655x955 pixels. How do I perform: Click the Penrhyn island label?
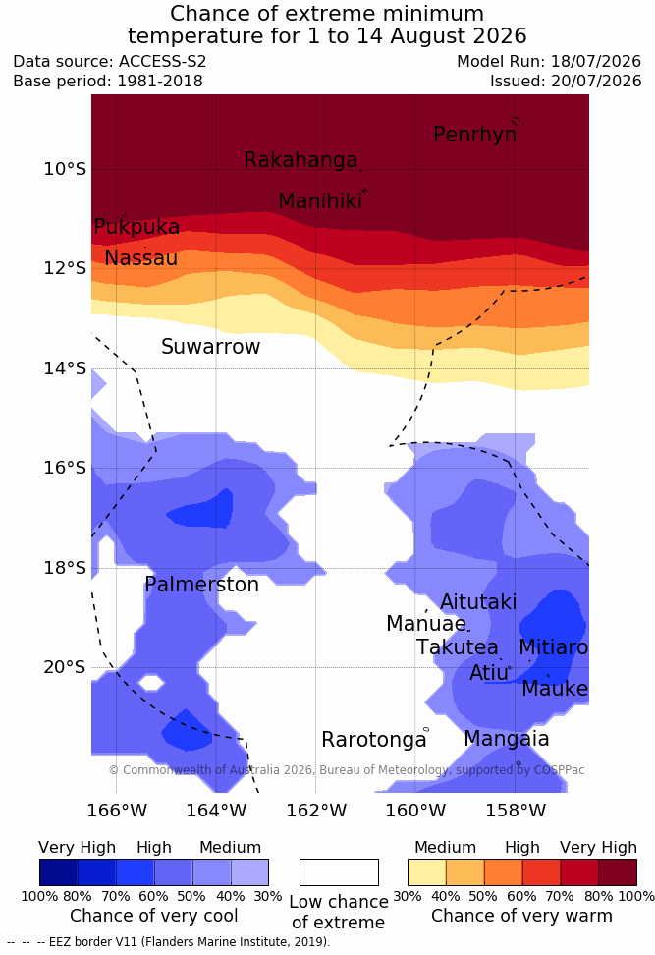(475, 134)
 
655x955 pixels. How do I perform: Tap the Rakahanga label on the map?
(300, 159)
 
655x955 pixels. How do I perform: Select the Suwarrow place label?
(210, 347)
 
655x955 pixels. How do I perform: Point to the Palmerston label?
(201, 585)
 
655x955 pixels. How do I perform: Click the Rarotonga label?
(374, 740)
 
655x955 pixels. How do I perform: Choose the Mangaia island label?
(507, 739)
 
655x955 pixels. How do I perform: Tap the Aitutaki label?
(478, 601)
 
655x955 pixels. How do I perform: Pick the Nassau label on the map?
(141, 258)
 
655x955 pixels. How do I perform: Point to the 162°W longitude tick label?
(316, 811)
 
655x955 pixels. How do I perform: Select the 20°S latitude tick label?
(65, 667)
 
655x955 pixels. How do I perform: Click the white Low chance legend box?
(339, 872)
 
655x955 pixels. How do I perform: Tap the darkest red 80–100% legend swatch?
(618, 872)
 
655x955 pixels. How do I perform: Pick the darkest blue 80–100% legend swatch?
(59, 872)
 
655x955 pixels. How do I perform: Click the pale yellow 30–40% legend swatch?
(427, 872)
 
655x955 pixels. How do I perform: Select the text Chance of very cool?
(153, 916)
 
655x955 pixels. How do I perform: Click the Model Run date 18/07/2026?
(596, 62)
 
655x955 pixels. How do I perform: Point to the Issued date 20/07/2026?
(596, 81)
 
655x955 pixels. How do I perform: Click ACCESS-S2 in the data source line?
(163, 62)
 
